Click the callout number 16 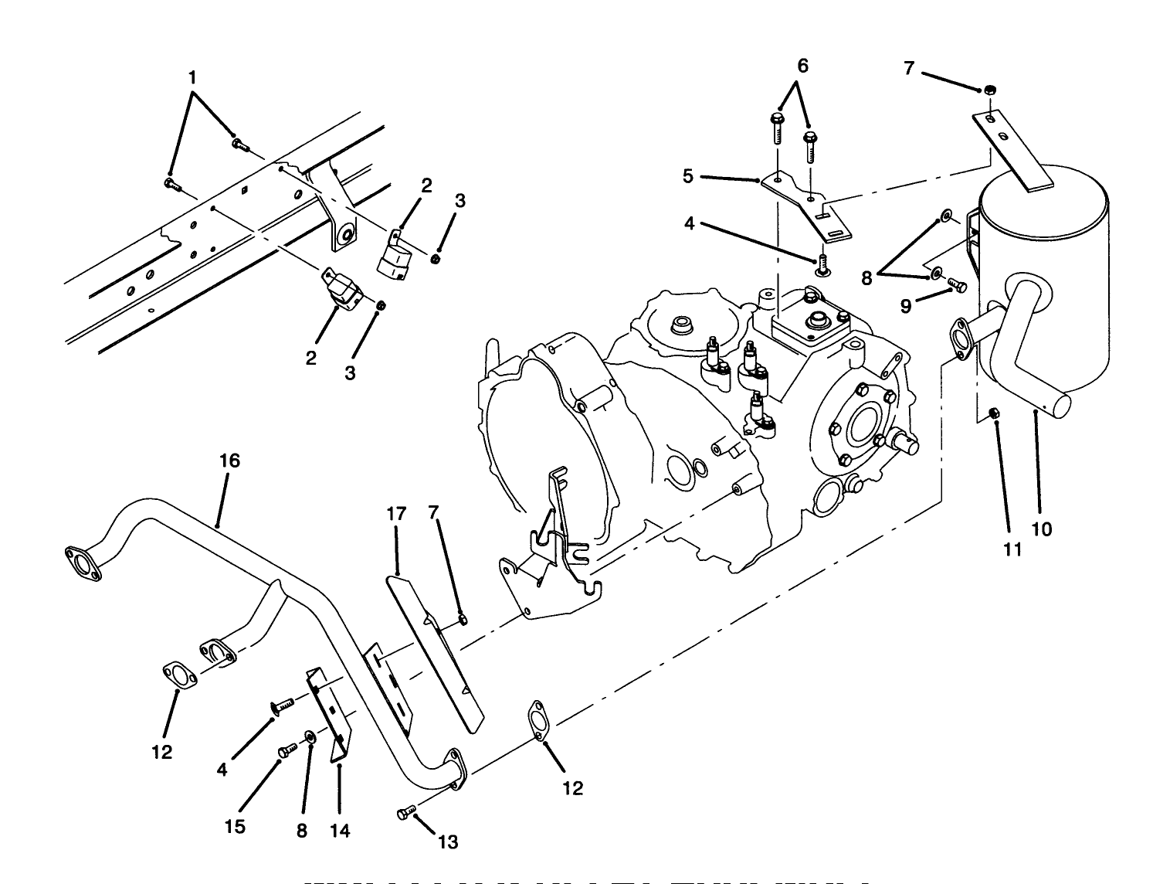[229, 461]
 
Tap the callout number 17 [396, 512]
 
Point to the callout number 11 [1012, 549]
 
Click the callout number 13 [448, 841]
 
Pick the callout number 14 [340, 831]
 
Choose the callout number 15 [236, 827]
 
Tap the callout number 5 [688, 176]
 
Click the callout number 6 [802, 66]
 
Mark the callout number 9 [905, 306]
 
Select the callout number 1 [192, 78]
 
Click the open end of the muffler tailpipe [1063, 403]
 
